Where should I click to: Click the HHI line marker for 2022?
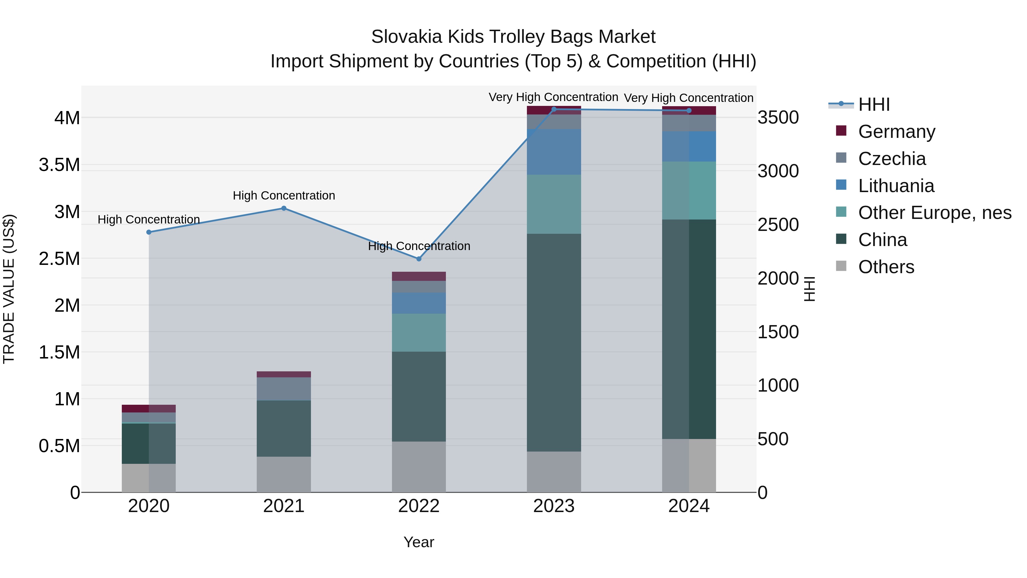tap(419, 259)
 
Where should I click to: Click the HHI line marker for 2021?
tap(284, 208)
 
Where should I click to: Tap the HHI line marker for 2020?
tap(149, 232)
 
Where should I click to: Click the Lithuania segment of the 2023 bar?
tap(554, 152)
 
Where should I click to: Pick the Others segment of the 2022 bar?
tap(419, 467)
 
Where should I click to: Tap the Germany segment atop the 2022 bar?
tap(419, 276)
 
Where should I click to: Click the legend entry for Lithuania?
tap(896, 186)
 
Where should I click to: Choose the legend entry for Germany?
tap(896, 132)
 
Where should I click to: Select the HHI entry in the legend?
tap(874, 104)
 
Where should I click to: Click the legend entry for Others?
tap(886, 267)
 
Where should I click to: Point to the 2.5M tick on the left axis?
tap(59, 259)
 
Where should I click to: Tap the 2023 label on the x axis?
tap(554, 506)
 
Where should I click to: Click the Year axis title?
tap(419, 542)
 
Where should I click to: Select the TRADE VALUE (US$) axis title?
tap(9, 289)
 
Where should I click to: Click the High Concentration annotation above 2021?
tap(284, 196)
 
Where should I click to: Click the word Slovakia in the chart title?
tap(406, 37)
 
